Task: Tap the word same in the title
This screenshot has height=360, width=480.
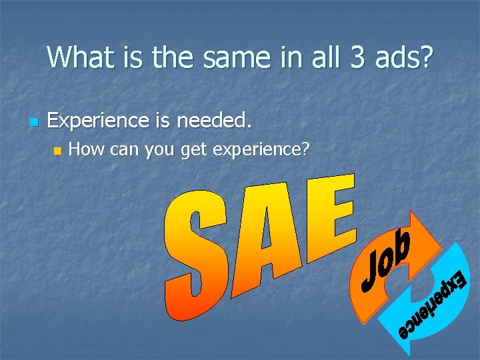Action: click(x=231, y=57)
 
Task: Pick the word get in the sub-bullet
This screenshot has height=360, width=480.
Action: click(x=193, y=151)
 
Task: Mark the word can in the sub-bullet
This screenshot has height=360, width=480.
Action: click(x=122, y=150)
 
